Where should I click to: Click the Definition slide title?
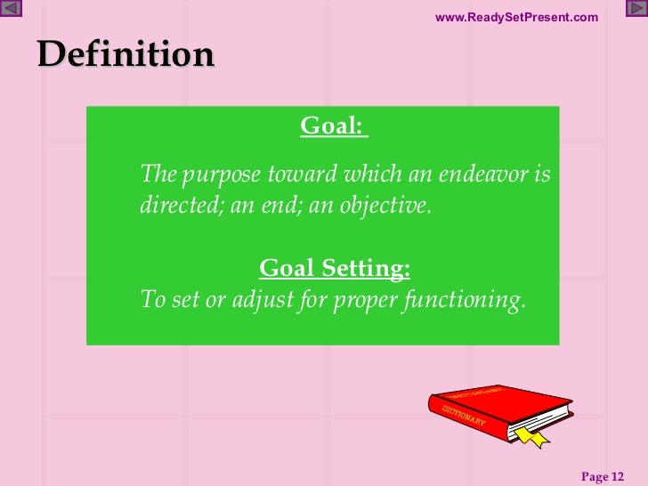pos(126,55)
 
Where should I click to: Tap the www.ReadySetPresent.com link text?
pos(516,18)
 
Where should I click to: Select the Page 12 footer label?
pos(603,476)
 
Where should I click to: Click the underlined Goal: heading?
pos(333,127)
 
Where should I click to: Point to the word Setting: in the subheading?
pos(367,268)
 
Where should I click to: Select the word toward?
pos(300,174)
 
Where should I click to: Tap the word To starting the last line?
pos(153,300)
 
